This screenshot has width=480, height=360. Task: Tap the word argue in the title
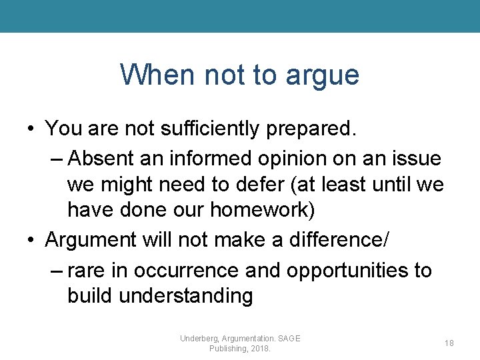coord(323,76)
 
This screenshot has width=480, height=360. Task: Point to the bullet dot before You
coord(31,129)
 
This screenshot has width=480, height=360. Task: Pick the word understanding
coord(186,296)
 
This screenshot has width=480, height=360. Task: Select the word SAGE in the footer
coord(288,339)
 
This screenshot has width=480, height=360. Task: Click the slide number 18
coord(449,343)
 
